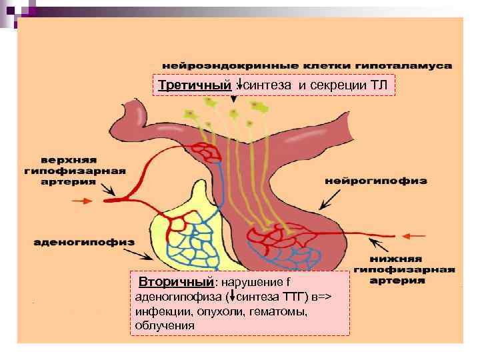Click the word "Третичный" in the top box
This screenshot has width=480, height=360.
coord(195,85)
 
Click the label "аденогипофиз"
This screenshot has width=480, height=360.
coord(83,242)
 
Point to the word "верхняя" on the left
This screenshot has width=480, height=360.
coord(69,159)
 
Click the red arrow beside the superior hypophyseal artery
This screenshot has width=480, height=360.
coord(85,200)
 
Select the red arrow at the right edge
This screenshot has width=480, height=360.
coord(417,234)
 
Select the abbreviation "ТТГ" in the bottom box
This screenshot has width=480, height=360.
coord(295,297)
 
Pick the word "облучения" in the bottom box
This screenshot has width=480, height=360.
coord(164,325)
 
